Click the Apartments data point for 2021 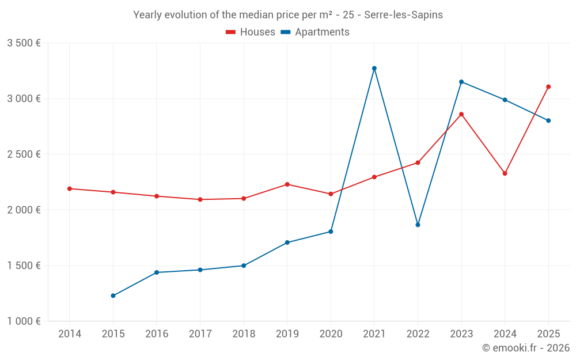point(374,69)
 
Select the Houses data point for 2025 point(548,87)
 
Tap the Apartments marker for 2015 point(113,296)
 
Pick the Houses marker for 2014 point(70,189)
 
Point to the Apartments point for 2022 point(418,225)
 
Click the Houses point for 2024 point(505,173)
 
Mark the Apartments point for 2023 point(461,82)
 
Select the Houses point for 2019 point(287,184)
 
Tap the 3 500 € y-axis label point(24,43)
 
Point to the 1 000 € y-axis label point(24,321)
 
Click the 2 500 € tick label point(24,154)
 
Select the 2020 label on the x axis point(331,334)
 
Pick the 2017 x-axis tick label point(200,334)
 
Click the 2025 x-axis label point(548,334)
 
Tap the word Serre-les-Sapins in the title point(403,15)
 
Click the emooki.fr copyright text point(525,348)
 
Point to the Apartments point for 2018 point(244,266)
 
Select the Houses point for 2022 point(418,163)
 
